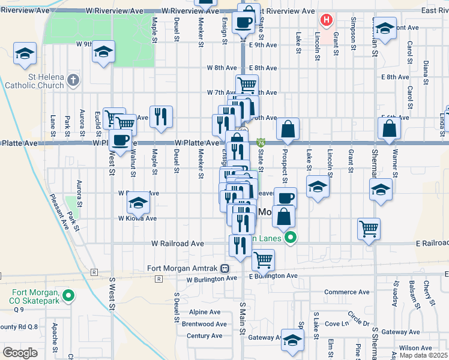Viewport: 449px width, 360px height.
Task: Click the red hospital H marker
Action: click(x=326, y=20)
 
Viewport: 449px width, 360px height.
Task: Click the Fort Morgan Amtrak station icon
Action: click(x=224, y=268)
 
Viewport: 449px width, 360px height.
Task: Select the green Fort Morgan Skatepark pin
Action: click(x=68, y=295)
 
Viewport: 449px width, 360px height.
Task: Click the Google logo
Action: click(x=20, y=353)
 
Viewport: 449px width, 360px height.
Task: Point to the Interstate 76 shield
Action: click(x=261, y=143)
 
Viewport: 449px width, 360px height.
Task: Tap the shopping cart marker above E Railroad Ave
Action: click(x=368, y=228)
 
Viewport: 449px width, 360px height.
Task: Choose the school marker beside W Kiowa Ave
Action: click(x=138, y=203)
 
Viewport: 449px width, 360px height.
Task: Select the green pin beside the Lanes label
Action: click(x=291, y=238)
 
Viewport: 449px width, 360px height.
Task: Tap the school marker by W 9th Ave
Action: click(x=103, y=51)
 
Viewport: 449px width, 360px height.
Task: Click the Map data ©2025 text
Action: click(x=423, y=355)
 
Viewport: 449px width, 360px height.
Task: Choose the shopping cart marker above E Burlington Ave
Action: click(x=263, y=260)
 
